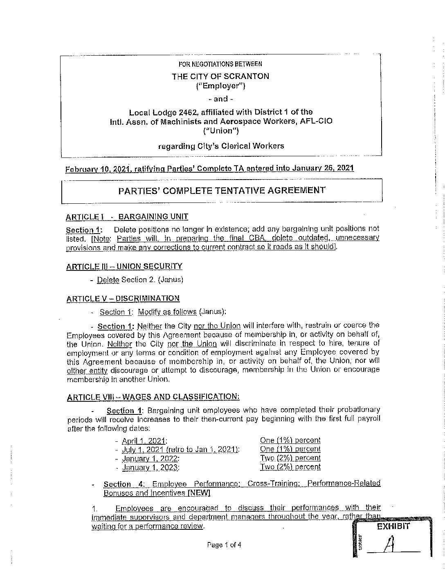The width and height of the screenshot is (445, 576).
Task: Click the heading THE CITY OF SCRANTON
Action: pos(220,76)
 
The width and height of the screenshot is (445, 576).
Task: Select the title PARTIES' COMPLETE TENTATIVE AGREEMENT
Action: pos(222,191)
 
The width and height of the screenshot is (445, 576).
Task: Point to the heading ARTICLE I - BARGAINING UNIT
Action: pos(127,217)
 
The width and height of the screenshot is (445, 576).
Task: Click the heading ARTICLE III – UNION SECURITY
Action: pos(124,266)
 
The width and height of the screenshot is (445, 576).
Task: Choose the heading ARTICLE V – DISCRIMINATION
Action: pos(123,299)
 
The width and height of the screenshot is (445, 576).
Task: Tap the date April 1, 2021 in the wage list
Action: pos(144,441)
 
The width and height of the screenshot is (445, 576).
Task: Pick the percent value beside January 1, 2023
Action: pos(290,467)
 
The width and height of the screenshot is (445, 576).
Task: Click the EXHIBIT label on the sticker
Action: pos(393,526)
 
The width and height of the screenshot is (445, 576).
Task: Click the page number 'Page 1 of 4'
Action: pos(224,545)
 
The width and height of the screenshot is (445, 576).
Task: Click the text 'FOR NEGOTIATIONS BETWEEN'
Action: pos(220,64)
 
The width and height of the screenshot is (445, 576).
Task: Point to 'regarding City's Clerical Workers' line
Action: pos(221,146)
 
